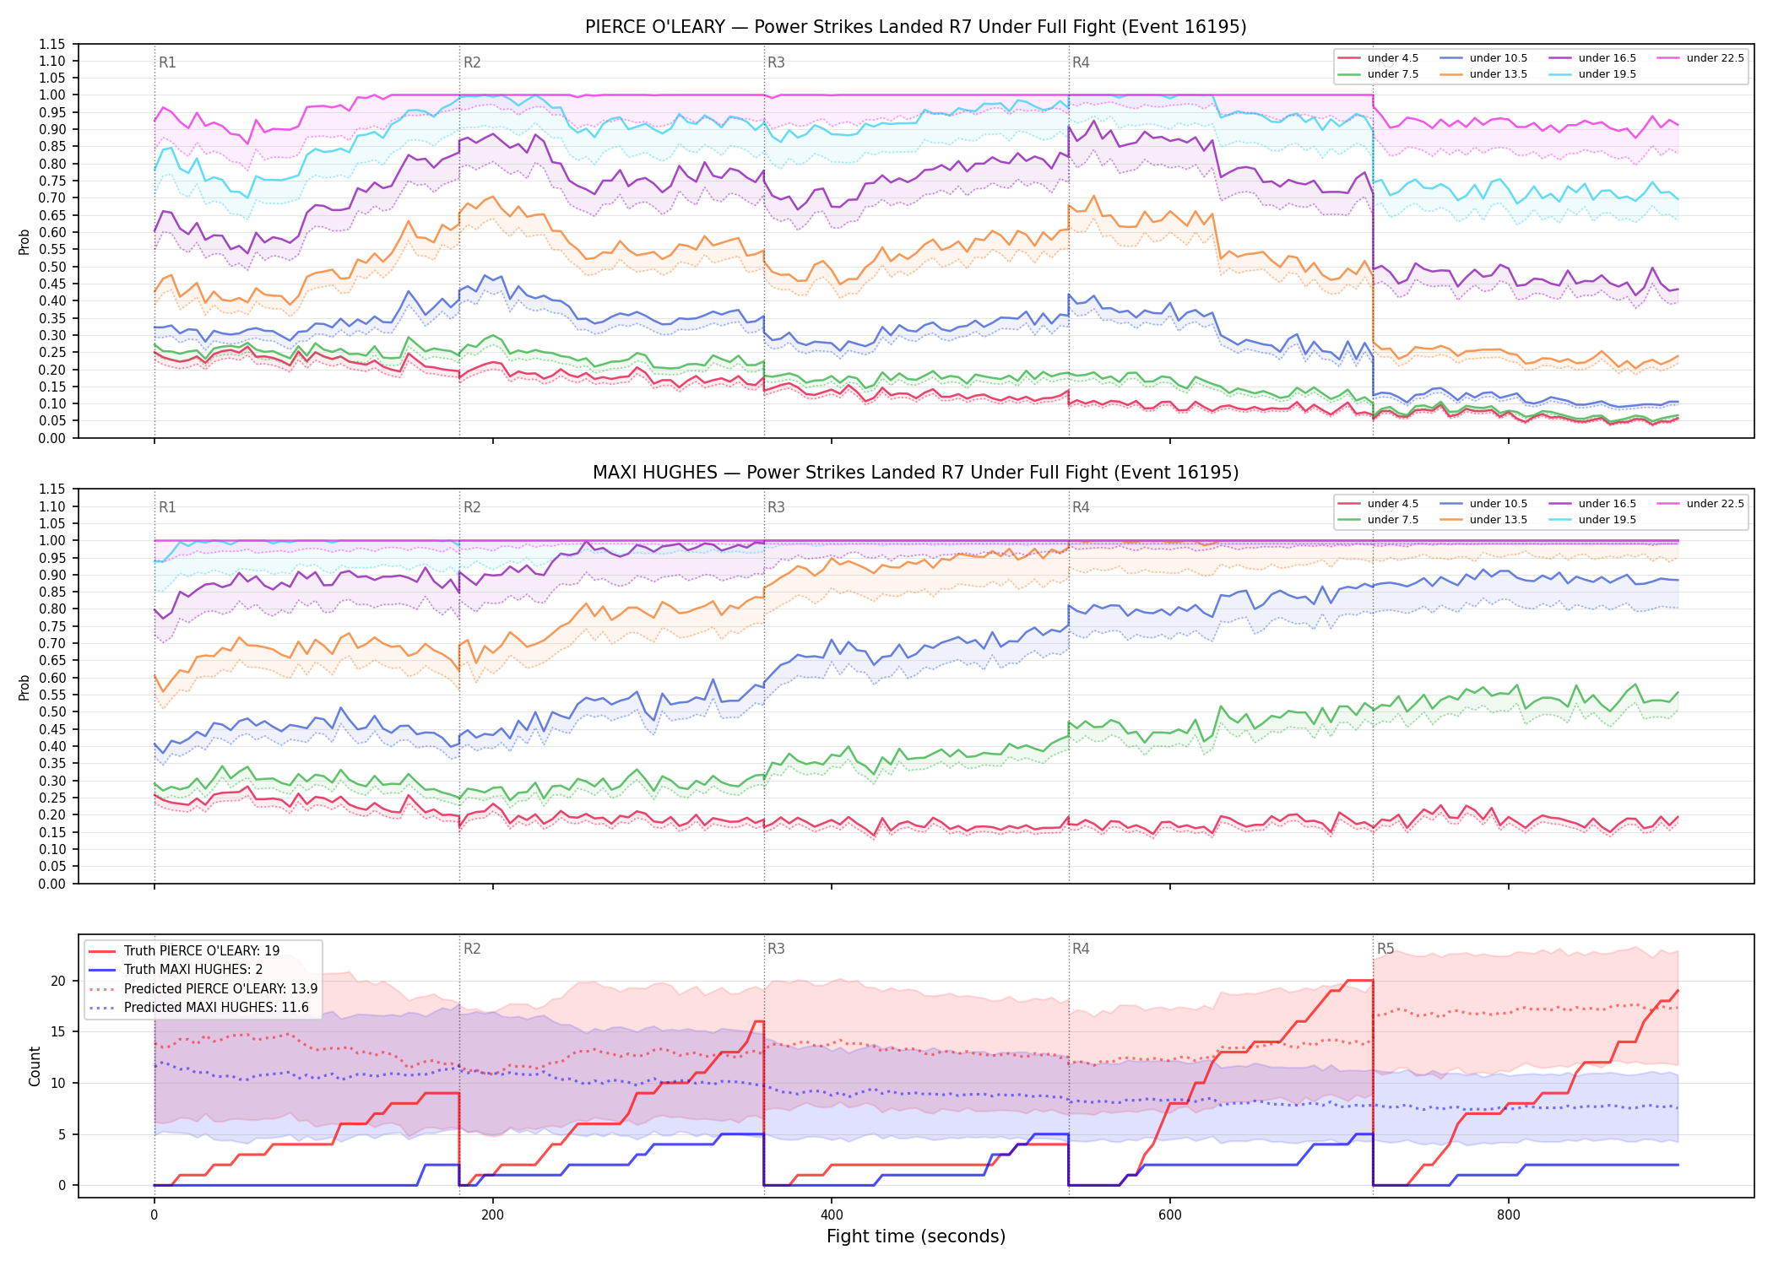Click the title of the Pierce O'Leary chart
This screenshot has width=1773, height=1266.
click(x=915, y=27)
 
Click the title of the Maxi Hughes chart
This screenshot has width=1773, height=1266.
click(x=915, y=473)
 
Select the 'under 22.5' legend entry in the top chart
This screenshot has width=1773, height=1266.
click(x=1701, y=58)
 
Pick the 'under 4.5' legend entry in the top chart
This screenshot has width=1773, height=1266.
click(x=1379, y=58)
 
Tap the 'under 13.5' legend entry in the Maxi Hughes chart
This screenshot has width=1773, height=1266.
click(x=1484, y=520)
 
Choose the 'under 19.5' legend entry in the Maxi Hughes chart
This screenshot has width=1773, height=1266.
click(x=1593, y=520)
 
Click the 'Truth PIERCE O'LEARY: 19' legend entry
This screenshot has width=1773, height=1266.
click(x=184, y=951)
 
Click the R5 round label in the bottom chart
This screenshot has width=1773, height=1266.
click(x=1385, y=949)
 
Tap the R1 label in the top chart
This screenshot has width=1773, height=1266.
click(x=167, y=62)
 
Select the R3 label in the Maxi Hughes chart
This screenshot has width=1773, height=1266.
click(x=776, y=507)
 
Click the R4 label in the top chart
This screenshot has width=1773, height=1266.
click(x=1081, y=62)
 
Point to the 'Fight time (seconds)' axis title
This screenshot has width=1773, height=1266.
click(x=916, y=1236)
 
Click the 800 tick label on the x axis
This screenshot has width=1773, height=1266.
click(x=1509, y=1215)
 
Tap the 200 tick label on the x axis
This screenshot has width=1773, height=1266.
click(x=492, y=1215)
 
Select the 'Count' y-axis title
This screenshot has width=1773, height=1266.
click(x=35, y=1066)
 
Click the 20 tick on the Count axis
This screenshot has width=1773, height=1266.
click(x=58, y=981)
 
